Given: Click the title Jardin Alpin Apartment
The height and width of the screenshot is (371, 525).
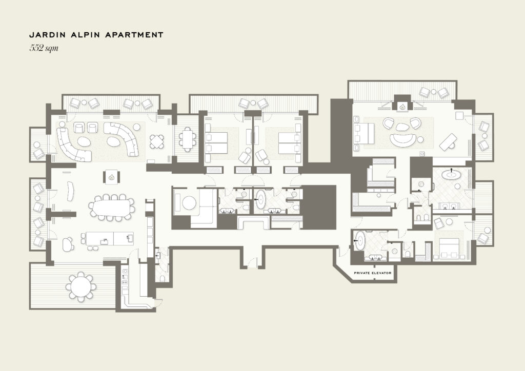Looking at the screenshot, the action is [x=96, y=35].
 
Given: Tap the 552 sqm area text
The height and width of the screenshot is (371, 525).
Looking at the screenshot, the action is [x=44, y=48].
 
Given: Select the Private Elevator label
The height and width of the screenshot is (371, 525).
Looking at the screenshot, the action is [x=373, y=273].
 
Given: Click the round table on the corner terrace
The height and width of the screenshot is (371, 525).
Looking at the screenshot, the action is [x=80, y=286].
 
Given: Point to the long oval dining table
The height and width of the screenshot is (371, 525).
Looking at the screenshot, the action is [x=111, y=208].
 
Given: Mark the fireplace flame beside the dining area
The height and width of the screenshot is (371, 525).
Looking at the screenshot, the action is [x=112, y=177].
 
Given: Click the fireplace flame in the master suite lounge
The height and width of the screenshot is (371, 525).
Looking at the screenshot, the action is [x=402, y=107].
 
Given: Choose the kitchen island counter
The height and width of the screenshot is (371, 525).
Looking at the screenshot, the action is [x=110, y=238].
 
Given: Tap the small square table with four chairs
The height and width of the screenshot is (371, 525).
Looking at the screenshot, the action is [x=157, y=141].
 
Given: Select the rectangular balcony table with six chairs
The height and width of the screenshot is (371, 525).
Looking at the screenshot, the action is [x=187, y=138].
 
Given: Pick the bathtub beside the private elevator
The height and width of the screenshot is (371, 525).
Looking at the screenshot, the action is [x=360, y=240].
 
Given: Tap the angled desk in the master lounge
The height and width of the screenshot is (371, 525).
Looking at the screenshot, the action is [x=448, y=141].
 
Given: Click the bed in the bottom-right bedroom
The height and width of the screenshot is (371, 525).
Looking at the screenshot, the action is [x=448, y=246].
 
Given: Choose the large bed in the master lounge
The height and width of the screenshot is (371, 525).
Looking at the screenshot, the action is [x=365, y=133].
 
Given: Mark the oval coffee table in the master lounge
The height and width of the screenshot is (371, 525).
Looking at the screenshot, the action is [x=402, y=127].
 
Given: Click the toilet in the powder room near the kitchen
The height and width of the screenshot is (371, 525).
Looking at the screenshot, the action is [x=163, y=278].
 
